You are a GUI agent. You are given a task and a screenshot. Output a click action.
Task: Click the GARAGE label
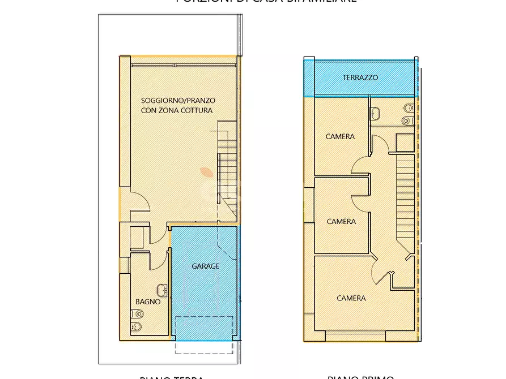pos(205,266)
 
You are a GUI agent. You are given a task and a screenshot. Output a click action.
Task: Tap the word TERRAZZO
pos(360,77)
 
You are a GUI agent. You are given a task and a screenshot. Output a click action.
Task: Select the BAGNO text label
pos(147,302)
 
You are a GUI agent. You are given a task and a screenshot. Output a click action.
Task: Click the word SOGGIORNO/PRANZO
pos(178,100)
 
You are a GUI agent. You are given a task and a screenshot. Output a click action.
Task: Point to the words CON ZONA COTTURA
pos(177,110)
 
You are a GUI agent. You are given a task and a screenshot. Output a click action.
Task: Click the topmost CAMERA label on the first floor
pos(340,136)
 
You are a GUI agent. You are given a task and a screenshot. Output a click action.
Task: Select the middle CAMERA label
pos(341,221)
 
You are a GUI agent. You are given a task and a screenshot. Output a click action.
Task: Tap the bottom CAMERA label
pos(351,298)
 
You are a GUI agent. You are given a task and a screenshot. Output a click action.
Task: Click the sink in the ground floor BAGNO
pos(162,290)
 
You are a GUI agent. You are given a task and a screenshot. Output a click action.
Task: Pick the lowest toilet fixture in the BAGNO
pos(137,326)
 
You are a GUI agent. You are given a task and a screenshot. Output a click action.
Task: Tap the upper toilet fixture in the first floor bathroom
pos(407,108)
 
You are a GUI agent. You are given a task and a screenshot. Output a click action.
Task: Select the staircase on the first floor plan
pos(406,198)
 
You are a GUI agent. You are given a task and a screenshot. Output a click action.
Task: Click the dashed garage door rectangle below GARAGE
pos(204,334)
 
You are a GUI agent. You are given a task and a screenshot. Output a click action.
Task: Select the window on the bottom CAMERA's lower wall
pos(355,338)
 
